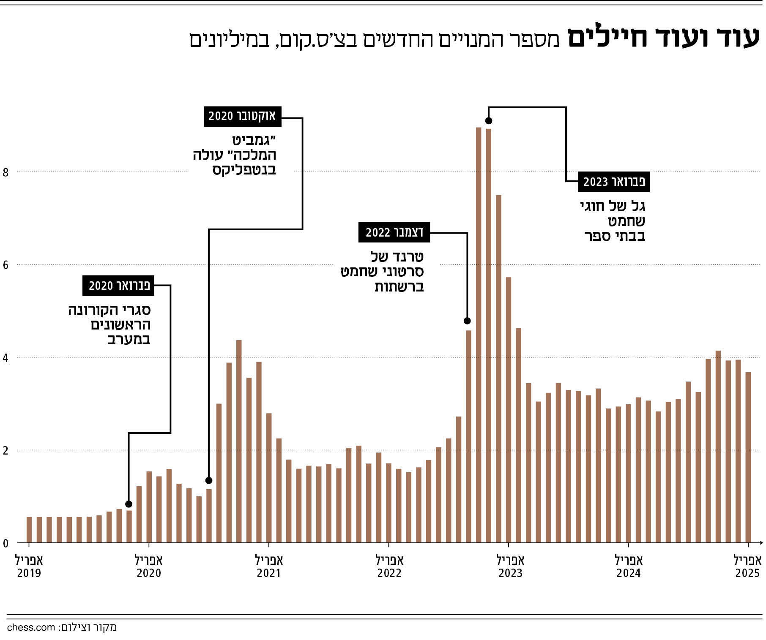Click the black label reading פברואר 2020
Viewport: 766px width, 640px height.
(x=119, y=286)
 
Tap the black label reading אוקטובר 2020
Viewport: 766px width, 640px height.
(x=243, y=116)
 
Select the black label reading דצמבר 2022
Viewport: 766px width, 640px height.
(x=394, y=232)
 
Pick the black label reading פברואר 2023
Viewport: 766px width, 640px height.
(x=614, y=182)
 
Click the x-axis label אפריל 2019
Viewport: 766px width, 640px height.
(x=29, y=566)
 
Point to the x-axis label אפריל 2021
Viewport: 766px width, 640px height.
(x=269, y=566)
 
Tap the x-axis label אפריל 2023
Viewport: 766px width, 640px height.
(x=510, y=566)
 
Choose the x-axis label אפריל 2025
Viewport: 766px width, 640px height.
(x=747, y=566)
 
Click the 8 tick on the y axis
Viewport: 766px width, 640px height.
(x=5, y=172)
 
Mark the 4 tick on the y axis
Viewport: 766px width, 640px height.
(x=5, y=358)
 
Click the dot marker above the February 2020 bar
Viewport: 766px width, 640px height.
(x=129, y=504)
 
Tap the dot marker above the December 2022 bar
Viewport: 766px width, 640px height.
(x=467, y=321)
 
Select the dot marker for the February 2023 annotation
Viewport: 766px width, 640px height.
(x=489, y=121)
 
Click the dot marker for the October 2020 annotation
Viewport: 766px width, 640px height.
(x=208, y=480)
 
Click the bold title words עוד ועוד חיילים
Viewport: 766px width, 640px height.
(x=662, y=38)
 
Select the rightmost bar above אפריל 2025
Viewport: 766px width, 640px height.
(x=748, y=457)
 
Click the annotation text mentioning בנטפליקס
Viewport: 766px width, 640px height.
(x=235, y=155)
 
